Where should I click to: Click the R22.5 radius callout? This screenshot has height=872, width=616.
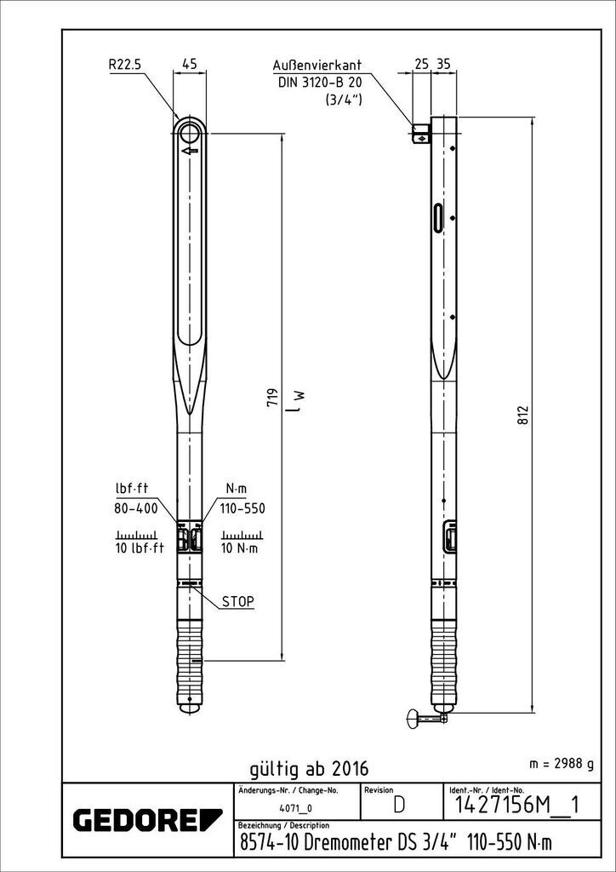pyautogui.click(x=126, y=64)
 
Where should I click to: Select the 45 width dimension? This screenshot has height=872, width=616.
pyautogui.click(x=190, y=64)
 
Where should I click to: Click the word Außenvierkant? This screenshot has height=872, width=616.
pyautogui.click(x=317, y=65)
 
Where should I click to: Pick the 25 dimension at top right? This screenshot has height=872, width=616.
pyautogui.click(x=422, y=65)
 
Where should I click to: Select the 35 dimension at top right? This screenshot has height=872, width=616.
pyautogui.click(x=442, y=65)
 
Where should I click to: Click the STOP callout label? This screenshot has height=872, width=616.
pyautogui.click(x=237, y=601)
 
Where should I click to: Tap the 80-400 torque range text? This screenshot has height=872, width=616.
pyautogui.click(x=136, y=508)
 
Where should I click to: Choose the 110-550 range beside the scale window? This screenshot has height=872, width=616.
pyautogui.click(x=242, y=508)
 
